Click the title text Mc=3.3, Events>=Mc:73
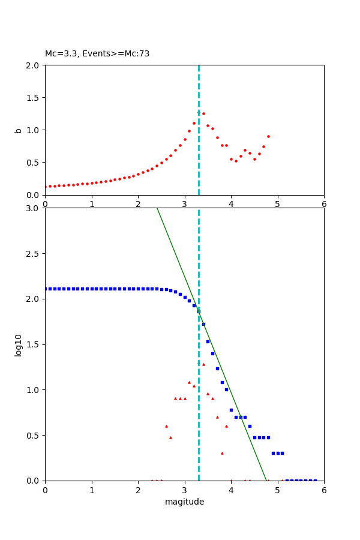pos(97,54)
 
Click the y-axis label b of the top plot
pos(18,130)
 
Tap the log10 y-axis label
pos(18,345)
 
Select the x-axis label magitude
pos(184,502)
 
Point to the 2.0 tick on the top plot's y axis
pos(34,65)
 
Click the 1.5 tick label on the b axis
pos(34,98)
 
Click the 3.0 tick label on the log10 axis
pos(34,208)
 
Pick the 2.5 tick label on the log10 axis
pos(34,254)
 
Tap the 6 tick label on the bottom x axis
pos(324,490)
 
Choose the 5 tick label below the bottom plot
pos(277,490)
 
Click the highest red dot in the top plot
pos(199,112)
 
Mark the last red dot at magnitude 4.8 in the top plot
pos(268,136)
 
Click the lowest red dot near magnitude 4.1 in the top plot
pos(236,161)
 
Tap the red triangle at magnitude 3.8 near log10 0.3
pos(222,453)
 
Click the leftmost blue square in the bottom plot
pos(46,289)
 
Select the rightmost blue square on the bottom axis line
pos(315,481)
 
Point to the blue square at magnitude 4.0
pos(231,410)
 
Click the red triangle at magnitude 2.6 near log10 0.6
pos(166,426)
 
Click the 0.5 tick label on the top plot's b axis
pos(34,163)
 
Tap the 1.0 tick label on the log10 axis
pos(34,390)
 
